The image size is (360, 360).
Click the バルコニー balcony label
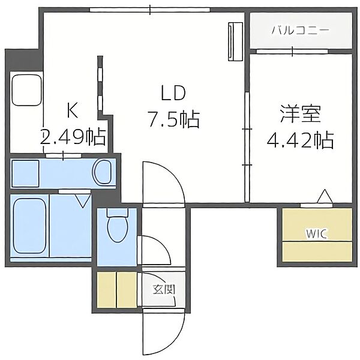point(301,31)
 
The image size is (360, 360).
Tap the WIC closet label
point(316,234)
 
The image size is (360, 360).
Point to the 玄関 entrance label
point(164,290)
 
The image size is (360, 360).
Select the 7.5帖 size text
point(173,119)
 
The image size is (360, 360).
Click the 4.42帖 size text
point(301,140)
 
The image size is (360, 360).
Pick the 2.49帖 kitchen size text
point(73,137)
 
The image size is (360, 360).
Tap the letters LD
point(173,93)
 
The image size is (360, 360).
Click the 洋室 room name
point(301,114)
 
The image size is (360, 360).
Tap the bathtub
point(29,226)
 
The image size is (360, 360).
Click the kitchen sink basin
point(27,90)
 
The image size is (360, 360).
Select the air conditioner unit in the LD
point(236,41)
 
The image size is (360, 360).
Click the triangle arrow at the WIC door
point(325,196)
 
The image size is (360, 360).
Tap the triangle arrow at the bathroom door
point(83,200)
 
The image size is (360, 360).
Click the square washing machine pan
point(25,173)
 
